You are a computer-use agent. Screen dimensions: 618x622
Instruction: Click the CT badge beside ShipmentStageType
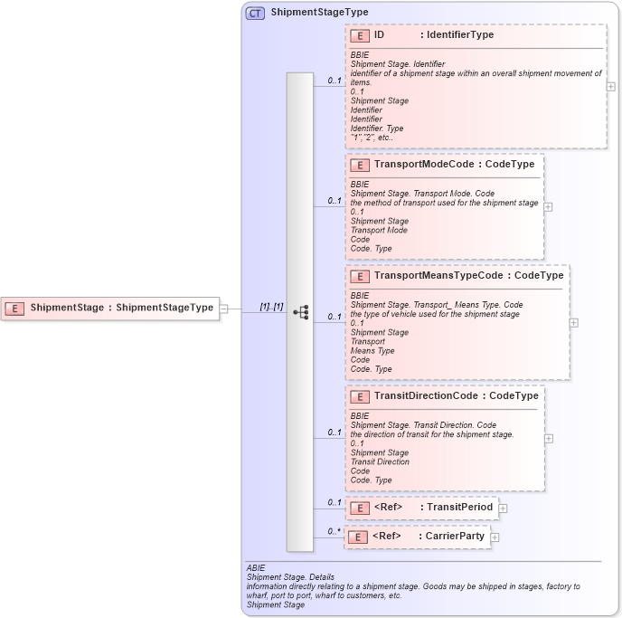(x=255, y=14)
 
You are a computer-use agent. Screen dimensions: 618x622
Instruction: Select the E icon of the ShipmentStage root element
(x=15, y=308)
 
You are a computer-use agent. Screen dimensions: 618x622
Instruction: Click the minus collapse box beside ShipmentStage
(x=223, y=309)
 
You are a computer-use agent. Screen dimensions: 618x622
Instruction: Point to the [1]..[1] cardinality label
(x=271, y=307)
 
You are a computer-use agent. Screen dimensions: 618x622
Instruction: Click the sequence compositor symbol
(x=300, y=312)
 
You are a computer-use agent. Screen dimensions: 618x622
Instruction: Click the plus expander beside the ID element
(x=611, y=87)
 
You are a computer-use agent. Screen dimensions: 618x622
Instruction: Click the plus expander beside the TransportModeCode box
(x=548, y=206)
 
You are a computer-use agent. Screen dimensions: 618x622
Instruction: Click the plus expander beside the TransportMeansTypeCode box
(x=574, y=322)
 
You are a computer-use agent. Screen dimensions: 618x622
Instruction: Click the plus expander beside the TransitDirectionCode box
(x=549, y=439)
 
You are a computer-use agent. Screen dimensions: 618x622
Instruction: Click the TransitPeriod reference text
(x=459, y=508)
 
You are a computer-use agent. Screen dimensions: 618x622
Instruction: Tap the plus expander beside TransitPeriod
(x=503, y=509)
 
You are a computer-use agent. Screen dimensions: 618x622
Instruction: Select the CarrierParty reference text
(x=456, y=537)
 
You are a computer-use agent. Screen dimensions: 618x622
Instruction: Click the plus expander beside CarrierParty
(x=495, y=537)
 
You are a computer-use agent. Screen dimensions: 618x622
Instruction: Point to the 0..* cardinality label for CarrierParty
(x=334, y=531)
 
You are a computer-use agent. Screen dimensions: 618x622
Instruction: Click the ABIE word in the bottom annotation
(x=256, y=567)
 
